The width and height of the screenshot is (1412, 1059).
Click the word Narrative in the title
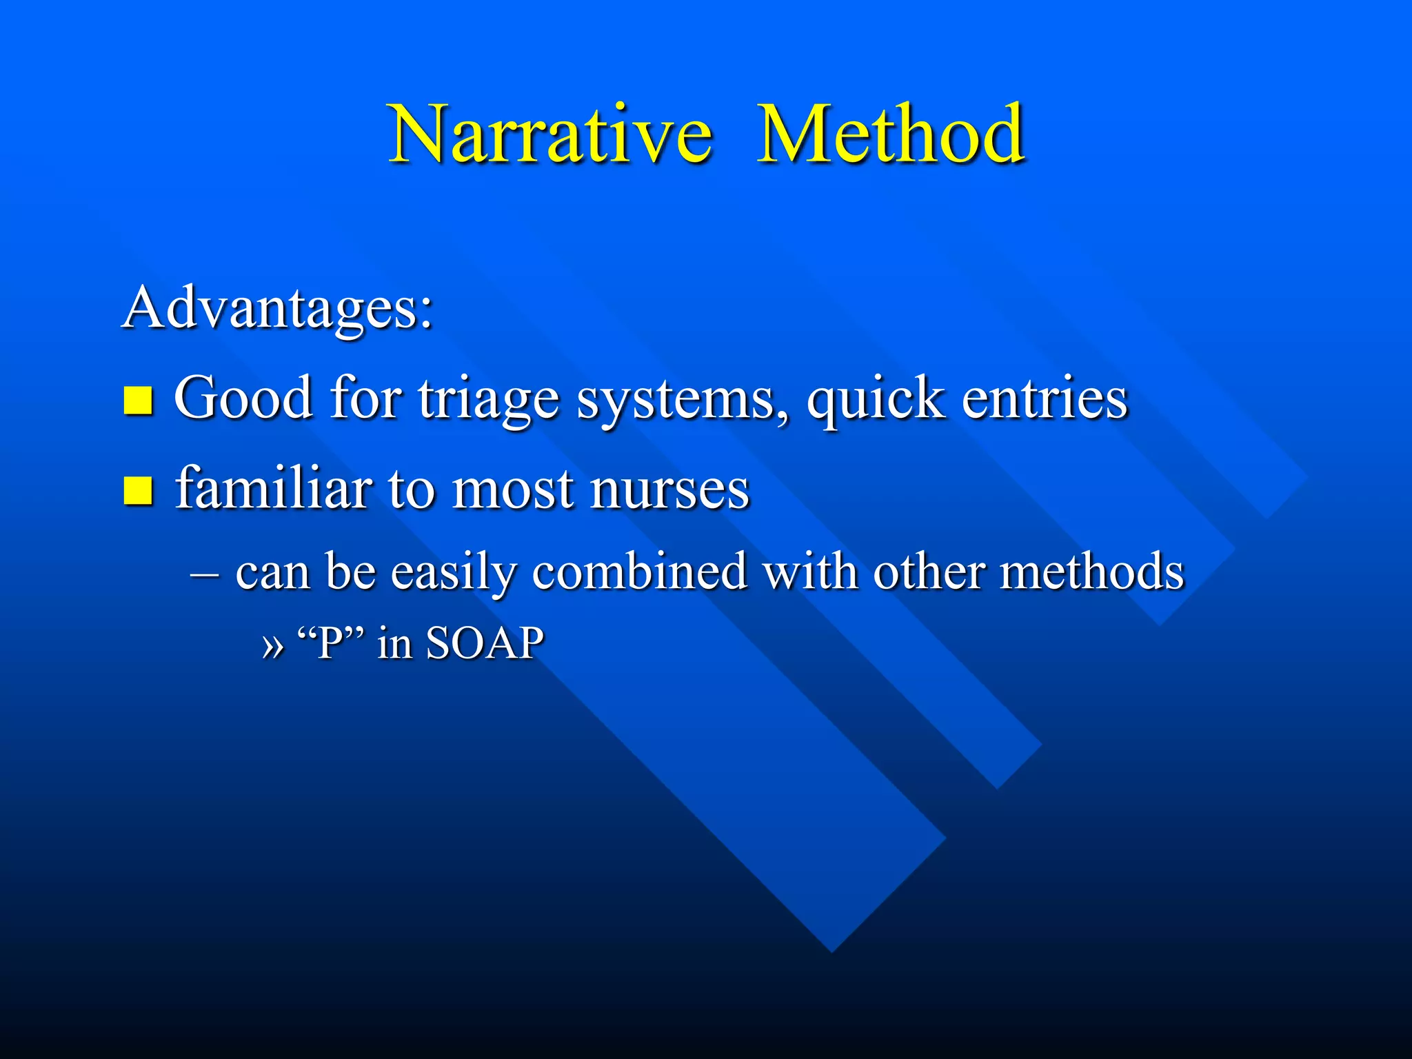click(x=549, y=134)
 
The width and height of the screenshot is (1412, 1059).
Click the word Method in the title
click(x=890, y=134)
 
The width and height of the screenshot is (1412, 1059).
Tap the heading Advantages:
click(x=277, y=307)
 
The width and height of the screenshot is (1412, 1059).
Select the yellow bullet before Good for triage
click(x=138, y=400)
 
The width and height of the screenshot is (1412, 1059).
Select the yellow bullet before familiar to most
click(x=138, y=491)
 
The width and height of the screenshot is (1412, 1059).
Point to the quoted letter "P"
click(x=330, y=643)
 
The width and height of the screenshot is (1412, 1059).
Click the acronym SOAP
click(x=485, y=643)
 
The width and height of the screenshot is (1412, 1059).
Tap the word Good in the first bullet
click(x=243, y=399)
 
